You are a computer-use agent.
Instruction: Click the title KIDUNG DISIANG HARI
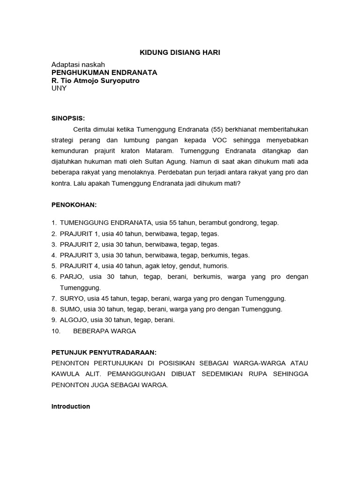click(180, 52)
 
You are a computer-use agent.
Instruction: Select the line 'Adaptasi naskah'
click(78, 64)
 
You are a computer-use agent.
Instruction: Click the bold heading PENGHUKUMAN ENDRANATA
click(104, 73)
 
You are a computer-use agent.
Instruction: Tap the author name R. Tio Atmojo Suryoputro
click(95, 81)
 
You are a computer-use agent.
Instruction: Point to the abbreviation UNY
click(59, 89)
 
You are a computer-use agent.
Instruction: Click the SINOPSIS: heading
click(68, 118)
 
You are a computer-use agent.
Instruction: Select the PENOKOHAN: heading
click(74, 205)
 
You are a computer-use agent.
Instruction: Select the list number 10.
click(56, 331)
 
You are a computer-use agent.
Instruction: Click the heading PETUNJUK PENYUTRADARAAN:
click(104, 352)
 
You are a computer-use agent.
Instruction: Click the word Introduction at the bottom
click(70, 406)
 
